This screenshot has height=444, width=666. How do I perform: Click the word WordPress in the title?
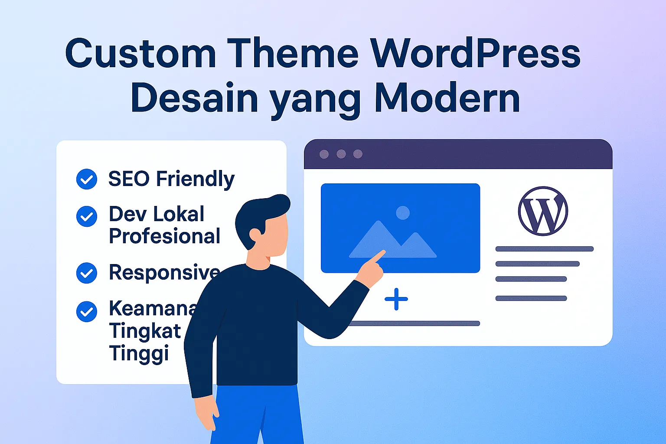tap(475, 54)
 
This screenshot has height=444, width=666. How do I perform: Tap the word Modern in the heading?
tap(447, 99)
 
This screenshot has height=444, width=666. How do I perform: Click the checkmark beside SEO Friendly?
tap(87, 179)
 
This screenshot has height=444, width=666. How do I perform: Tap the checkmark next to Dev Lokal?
tap(87, 216)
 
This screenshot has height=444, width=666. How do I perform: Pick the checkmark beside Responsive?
tap(87, 273)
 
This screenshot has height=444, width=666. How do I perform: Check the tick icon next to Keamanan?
tap(87, 311)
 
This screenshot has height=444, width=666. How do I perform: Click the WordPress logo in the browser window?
tap(543, 211)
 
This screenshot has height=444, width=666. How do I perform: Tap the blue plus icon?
tap(396, 299)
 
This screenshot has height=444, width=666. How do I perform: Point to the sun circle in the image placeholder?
tap(403, 212)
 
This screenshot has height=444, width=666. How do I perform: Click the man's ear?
tap(255, 235)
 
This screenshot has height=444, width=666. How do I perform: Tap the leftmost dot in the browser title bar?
tap(324, 154)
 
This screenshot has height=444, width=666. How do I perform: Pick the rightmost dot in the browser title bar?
tap(358, 154)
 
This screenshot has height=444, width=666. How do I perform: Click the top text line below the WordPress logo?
tap(544, 249)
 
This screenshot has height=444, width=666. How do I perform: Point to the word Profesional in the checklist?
tap(164, 236)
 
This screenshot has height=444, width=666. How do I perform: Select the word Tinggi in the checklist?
tap(139, 353)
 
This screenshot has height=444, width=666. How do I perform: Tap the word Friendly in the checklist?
tap(195, 179)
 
